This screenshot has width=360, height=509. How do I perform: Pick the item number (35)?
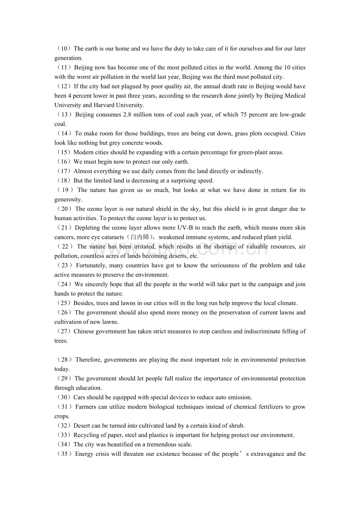64,454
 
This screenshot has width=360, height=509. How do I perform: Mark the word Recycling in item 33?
86,435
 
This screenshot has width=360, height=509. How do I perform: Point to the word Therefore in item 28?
89,360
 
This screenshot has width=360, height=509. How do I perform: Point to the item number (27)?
63,332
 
